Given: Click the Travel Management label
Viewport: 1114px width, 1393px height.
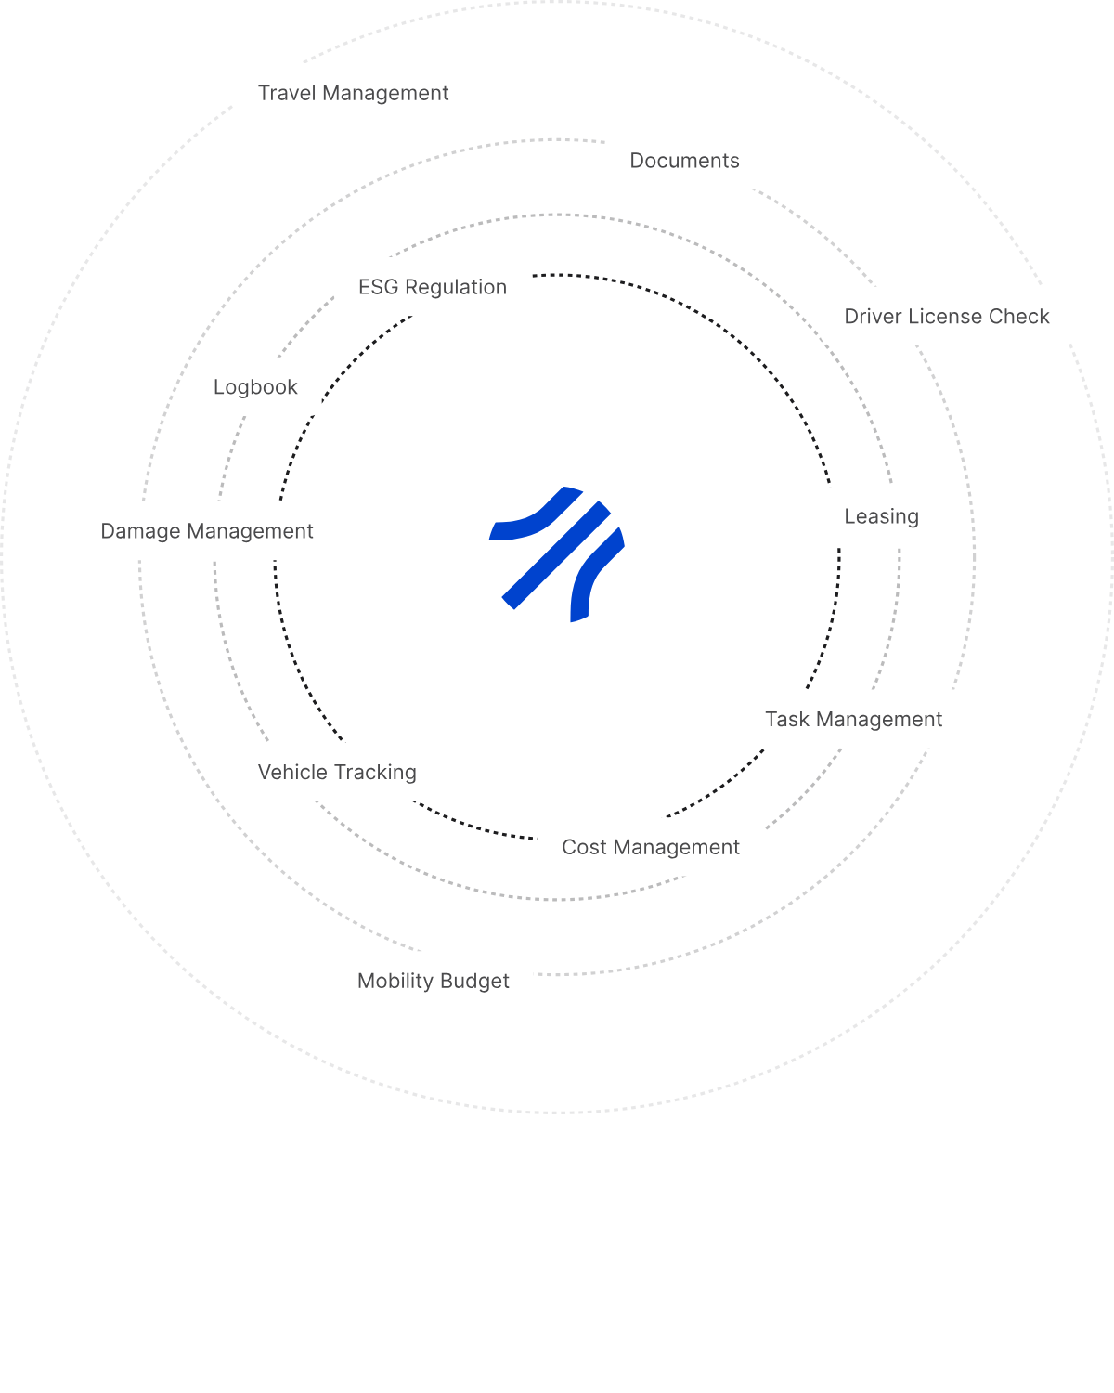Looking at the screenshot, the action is click(353, 93).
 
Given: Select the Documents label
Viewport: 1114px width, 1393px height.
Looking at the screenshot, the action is click(684, 161).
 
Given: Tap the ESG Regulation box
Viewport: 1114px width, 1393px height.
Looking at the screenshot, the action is click(433, 287).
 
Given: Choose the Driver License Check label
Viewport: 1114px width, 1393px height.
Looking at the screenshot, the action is click(946, 316).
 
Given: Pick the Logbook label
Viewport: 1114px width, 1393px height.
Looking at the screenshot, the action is click(255, 386).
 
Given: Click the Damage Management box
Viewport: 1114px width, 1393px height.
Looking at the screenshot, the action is click(207, 530).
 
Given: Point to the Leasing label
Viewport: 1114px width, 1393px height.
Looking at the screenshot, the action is click(881, 516).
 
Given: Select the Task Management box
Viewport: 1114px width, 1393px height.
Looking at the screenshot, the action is click(853, 719).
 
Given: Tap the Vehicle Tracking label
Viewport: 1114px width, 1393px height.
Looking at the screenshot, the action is click(337, 772).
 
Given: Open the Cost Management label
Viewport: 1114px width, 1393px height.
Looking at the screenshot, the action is click(651, 847).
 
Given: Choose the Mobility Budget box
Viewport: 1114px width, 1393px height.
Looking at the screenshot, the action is click(434, 981).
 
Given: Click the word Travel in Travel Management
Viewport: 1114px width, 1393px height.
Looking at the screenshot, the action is click(287, 93).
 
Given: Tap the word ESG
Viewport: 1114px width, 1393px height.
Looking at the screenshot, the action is click(378, 287).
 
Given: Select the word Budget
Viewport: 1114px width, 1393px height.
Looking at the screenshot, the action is click(474, 981).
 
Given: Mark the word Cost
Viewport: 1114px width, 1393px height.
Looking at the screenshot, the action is click(584, 847).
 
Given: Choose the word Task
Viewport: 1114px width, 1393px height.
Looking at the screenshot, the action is click(787, 719).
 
